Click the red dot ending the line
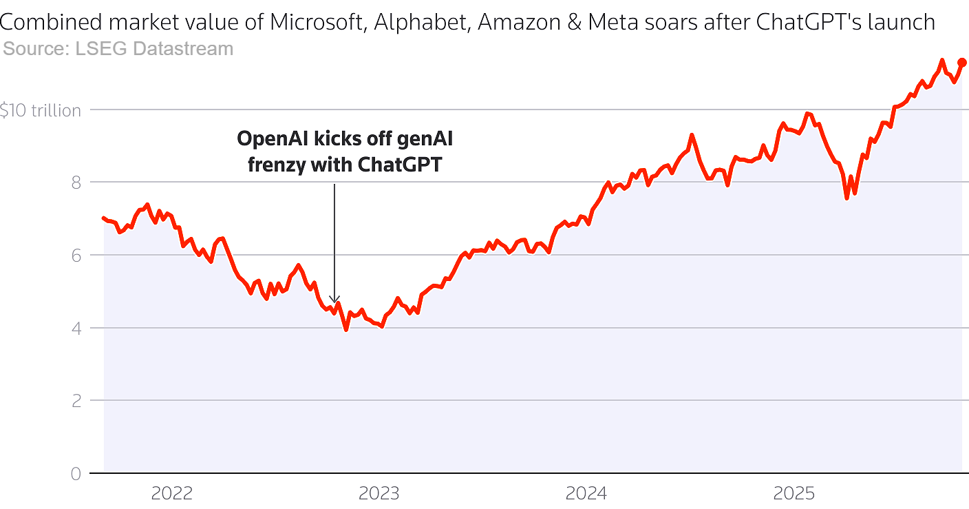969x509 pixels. point(961,63)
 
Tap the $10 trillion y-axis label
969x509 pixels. point(41,110)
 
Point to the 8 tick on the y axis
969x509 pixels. point(76,183)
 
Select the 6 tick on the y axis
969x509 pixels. point(76,256)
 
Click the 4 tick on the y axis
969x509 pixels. point(76,329)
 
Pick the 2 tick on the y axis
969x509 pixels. point(76,401)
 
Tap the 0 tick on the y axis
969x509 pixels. point(76,474)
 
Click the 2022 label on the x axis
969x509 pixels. point(172,493)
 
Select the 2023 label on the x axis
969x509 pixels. point(379,493)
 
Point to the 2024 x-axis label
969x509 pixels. point(586,493)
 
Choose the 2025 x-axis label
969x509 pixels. point(794,493)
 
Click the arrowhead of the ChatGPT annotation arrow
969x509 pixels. point(334,300)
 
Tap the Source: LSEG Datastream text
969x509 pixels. point(118,49)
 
